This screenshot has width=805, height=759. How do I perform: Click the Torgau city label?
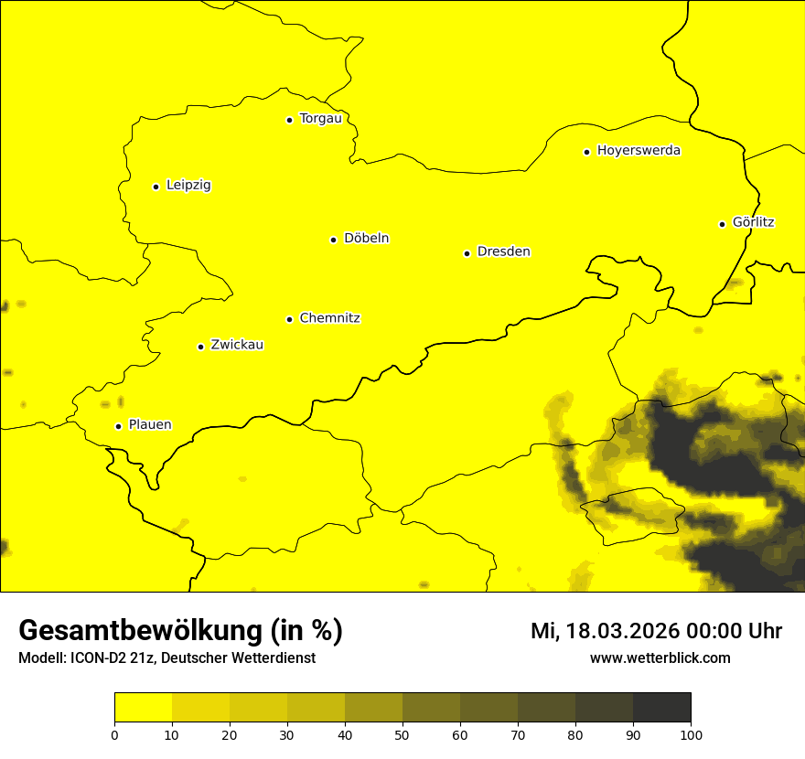tap(320, 119)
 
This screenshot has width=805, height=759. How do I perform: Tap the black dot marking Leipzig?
tap(156, 187)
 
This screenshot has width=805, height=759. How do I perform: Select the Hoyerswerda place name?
tap(639, 151)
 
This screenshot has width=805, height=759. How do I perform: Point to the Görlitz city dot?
tap(722, 224)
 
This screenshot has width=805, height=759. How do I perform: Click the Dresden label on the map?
tap(503, 251)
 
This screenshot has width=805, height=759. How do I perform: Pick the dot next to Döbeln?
tap(333, 240)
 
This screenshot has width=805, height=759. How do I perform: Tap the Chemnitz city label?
tap(329, 318)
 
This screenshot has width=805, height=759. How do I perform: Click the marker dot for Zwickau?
tap(200, 347)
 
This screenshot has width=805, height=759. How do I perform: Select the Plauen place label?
tap(150, 425)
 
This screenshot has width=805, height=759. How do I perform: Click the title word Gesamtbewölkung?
tap(141, 631)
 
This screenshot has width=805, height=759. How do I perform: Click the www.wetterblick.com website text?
tap(660, 657)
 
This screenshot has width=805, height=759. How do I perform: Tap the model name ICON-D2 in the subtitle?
tap(96, 657)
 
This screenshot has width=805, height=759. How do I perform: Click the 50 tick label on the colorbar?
tap(402, 734)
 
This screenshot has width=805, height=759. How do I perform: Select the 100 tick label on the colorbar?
tap(691, 734)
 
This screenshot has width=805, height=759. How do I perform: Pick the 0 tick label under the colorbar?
tap(114, 734)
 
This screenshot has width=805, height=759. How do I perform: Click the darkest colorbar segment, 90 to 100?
tap(661, 708)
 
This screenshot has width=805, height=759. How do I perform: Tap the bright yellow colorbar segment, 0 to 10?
tap(143, 708)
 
